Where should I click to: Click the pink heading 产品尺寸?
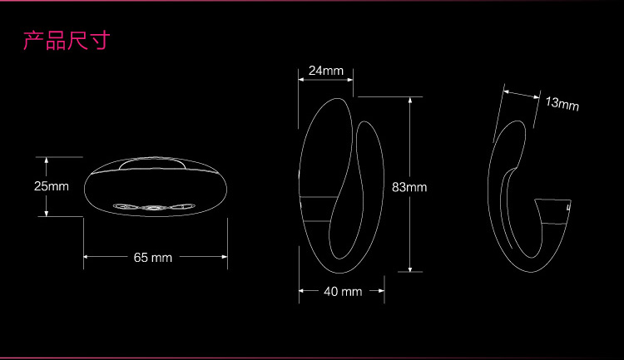click(x=67, y=41)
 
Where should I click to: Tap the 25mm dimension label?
click(x=52, y=186)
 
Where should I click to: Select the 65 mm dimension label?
click(x=153, y=258)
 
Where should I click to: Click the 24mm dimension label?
click(x=326, y=71)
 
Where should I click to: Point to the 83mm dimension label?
click(x=409, y=187)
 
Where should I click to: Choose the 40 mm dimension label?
click(x=343, y=292)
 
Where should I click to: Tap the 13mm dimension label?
click(x=562, y=103)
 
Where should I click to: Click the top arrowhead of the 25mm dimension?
click(x=47, y=160)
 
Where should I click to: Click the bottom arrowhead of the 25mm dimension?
click(x=47, y=213)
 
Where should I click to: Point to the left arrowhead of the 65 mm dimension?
click(x=87, y=257)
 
